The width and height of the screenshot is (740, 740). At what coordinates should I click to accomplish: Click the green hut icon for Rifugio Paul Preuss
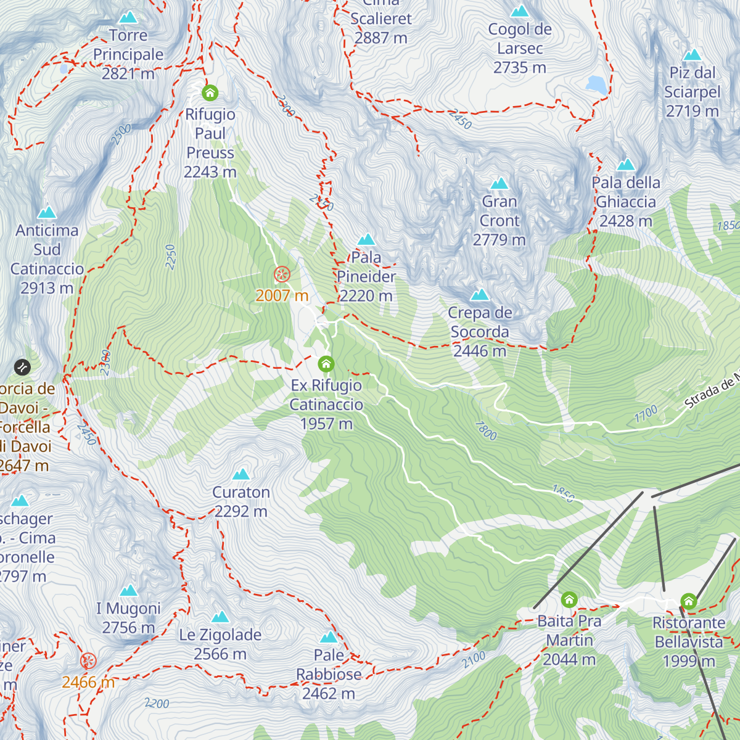coord(210,93)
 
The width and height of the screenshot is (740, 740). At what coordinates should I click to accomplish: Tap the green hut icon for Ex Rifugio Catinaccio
coord(326,364)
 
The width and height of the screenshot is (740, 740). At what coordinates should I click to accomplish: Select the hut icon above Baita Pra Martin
coord(569,599)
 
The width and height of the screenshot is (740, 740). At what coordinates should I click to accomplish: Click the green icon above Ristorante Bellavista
coord(689,601)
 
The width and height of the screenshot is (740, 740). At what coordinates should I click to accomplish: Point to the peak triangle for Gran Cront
coord(499,184)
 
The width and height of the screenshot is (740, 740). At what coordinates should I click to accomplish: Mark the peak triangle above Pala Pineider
coord(367,239)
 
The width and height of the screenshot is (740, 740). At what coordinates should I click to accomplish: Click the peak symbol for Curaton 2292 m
coord(241,474)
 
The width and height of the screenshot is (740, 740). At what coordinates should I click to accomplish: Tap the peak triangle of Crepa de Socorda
coord(480,295)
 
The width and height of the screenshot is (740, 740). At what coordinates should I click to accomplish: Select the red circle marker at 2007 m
coord(282,274)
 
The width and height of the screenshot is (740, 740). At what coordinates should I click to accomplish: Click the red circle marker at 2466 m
coord(88,661)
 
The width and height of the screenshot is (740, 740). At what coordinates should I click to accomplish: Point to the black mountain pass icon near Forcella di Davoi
coord(22,368)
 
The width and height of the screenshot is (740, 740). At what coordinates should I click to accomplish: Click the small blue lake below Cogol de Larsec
coord(596,84)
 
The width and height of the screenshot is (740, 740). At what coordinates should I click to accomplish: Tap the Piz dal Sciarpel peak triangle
coord(693,55)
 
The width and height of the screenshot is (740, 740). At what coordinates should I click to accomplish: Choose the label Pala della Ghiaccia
coord(625,202)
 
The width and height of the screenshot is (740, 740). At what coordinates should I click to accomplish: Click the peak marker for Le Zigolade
coord(220,617)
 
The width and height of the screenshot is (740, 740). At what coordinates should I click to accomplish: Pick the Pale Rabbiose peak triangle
coord(329,637)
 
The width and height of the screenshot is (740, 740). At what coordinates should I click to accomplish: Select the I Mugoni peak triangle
coord(129,591)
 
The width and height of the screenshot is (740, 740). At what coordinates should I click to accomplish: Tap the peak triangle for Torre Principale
coord(128,17)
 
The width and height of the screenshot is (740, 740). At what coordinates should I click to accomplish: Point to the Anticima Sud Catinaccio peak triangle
coord(47,213)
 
